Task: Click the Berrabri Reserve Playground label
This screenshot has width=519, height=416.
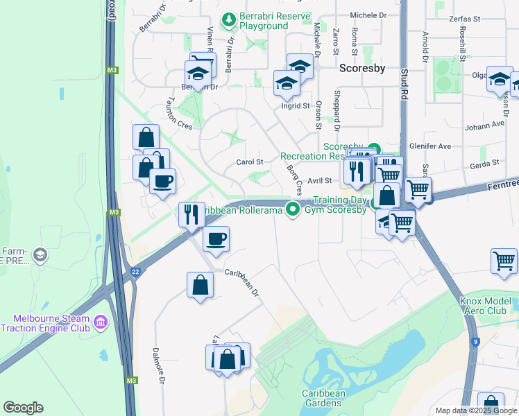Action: pos(264,21)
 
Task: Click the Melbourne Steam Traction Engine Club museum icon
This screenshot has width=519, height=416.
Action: pos(101,322)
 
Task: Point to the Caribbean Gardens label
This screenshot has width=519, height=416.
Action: pos(323,398)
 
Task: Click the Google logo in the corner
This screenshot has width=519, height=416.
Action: pos(23,408)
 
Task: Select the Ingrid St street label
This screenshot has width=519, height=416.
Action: pos(296,106)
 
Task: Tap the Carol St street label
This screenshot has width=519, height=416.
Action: pos(250,162)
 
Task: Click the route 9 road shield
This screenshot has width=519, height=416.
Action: pos(475,342)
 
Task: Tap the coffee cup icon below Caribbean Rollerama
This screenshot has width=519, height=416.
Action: pos(215,239)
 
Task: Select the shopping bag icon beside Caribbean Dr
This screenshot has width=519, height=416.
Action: pos(200,284)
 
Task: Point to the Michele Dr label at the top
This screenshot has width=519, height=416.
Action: pos(368,15)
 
